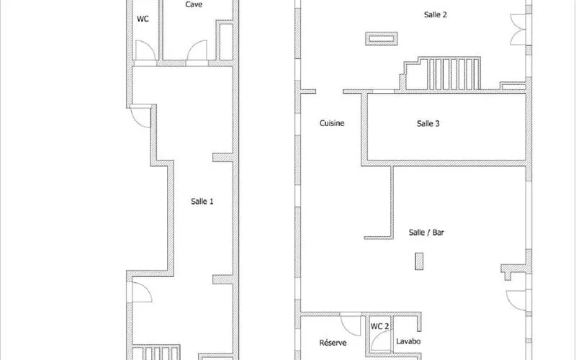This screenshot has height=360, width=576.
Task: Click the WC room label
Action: click(x=143, y=19)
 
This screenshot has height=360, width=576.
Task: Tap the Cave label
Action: click(x=194, y=4)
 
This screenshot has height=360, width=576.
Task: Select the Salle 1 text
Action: click(x=202, y=202)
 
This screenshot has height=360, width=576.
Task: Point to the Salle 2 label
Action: click(x=436, y=14)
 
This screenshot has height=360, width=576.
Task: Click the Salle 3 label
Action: click(x=428, y=123)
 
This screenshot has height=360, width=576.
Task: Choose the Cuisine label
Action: click(x=332, y=123)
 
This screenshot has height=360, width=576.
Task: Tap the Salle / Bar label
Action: click(x=426, y=232)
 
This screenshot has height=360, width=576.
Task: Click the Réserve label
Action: click(x=333, y=343)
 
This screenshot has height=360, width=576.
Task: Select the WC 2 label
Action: click(x=379, y=326)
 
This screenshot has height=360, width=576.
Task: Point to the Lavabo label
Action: click(x=408, y=341)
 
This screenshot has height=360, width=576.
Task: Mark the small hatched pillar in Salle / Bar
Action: click(x=419, y=261)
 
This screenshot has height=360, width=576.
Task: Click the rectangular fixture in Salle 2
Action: click(x=382, y=39)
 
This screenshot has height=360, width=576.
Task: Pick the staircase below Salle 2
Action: click(x=441, y=73)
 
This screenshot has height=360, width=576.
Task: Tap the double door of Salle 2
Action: click(x=518, y=30)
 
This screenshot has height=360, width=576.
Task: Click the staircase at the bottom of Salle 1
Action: click(x=156, y=352)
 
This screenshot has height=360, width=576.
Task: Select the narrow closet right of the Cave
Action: click(x=226, y=41)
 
